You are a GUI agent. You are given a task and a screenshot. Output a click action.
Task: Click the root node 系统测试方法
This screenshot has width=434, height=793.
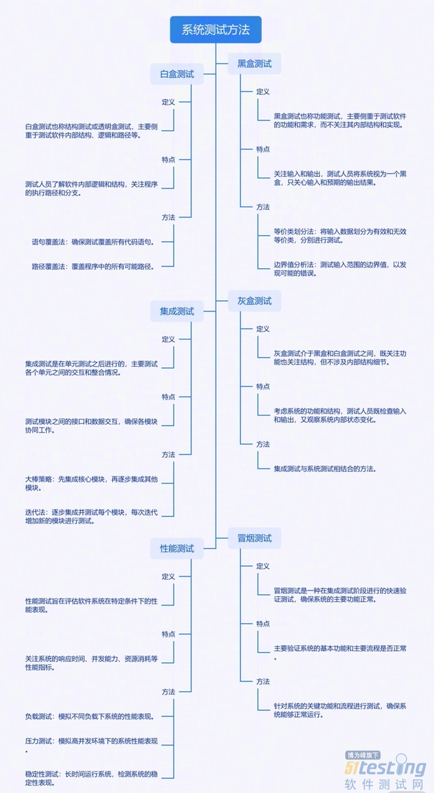216,30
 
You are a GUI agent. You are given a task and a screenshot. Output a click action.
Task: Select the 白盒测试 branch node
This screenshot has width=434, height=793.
177,74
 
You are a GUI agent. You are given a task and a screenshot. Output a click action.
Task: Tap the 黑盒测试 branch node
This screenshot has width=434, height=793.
254,63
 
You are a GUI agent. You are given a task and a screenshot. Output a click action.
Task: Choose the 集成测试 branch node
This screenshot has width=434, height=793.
177,311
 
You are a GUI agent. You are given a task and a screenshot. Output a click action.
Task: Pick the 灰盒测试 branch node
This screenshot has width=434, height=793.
254,300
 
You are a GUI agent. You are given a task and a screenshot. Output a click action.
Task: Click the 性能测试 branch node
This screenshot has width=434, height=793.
177,548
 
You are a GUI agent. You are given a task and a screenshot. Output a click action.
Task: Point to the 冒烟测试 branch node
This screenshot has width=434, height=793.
254,538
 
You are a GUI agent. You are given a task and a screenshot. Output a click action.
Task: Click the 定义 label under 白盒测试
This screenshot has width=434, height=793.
168,102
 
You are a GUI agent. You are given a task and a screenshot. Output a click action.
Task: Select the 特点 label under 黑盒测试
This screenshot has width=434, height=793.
263,149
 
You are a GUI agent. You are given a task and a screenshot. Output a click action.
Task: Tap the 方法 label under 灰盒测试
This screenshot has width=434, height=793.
263,444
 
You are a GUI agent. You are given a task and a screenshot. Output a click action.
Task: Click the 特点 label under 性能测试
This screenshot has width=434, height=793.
168,634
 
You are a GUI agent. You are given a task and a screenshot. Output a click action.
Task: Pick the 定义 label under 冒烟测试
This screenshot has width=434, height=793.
263,566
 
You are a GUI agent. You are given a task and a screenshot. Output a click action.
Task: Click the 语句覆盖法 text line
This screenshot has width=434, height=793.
93,242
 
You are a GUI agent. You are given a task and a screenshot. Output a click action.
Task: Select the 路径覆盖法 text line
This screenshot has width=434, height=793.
93,266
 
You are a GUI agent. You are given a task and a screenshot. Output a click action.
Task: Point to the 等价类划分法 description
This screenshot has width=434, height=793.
340,236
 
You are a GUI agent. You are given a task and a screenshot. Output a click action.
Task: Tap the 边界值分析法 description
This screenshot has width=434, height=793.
340,268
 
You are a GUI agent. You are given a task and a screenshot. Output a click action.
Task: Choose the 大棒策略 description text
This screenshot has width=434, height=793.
91,483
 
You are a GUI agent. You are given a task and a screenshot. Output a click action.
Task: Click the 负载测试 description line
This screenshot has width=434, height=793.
89,716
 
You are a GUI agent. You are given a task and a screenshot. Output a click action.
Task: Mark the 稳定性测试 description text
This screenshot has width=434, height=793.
91,778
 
